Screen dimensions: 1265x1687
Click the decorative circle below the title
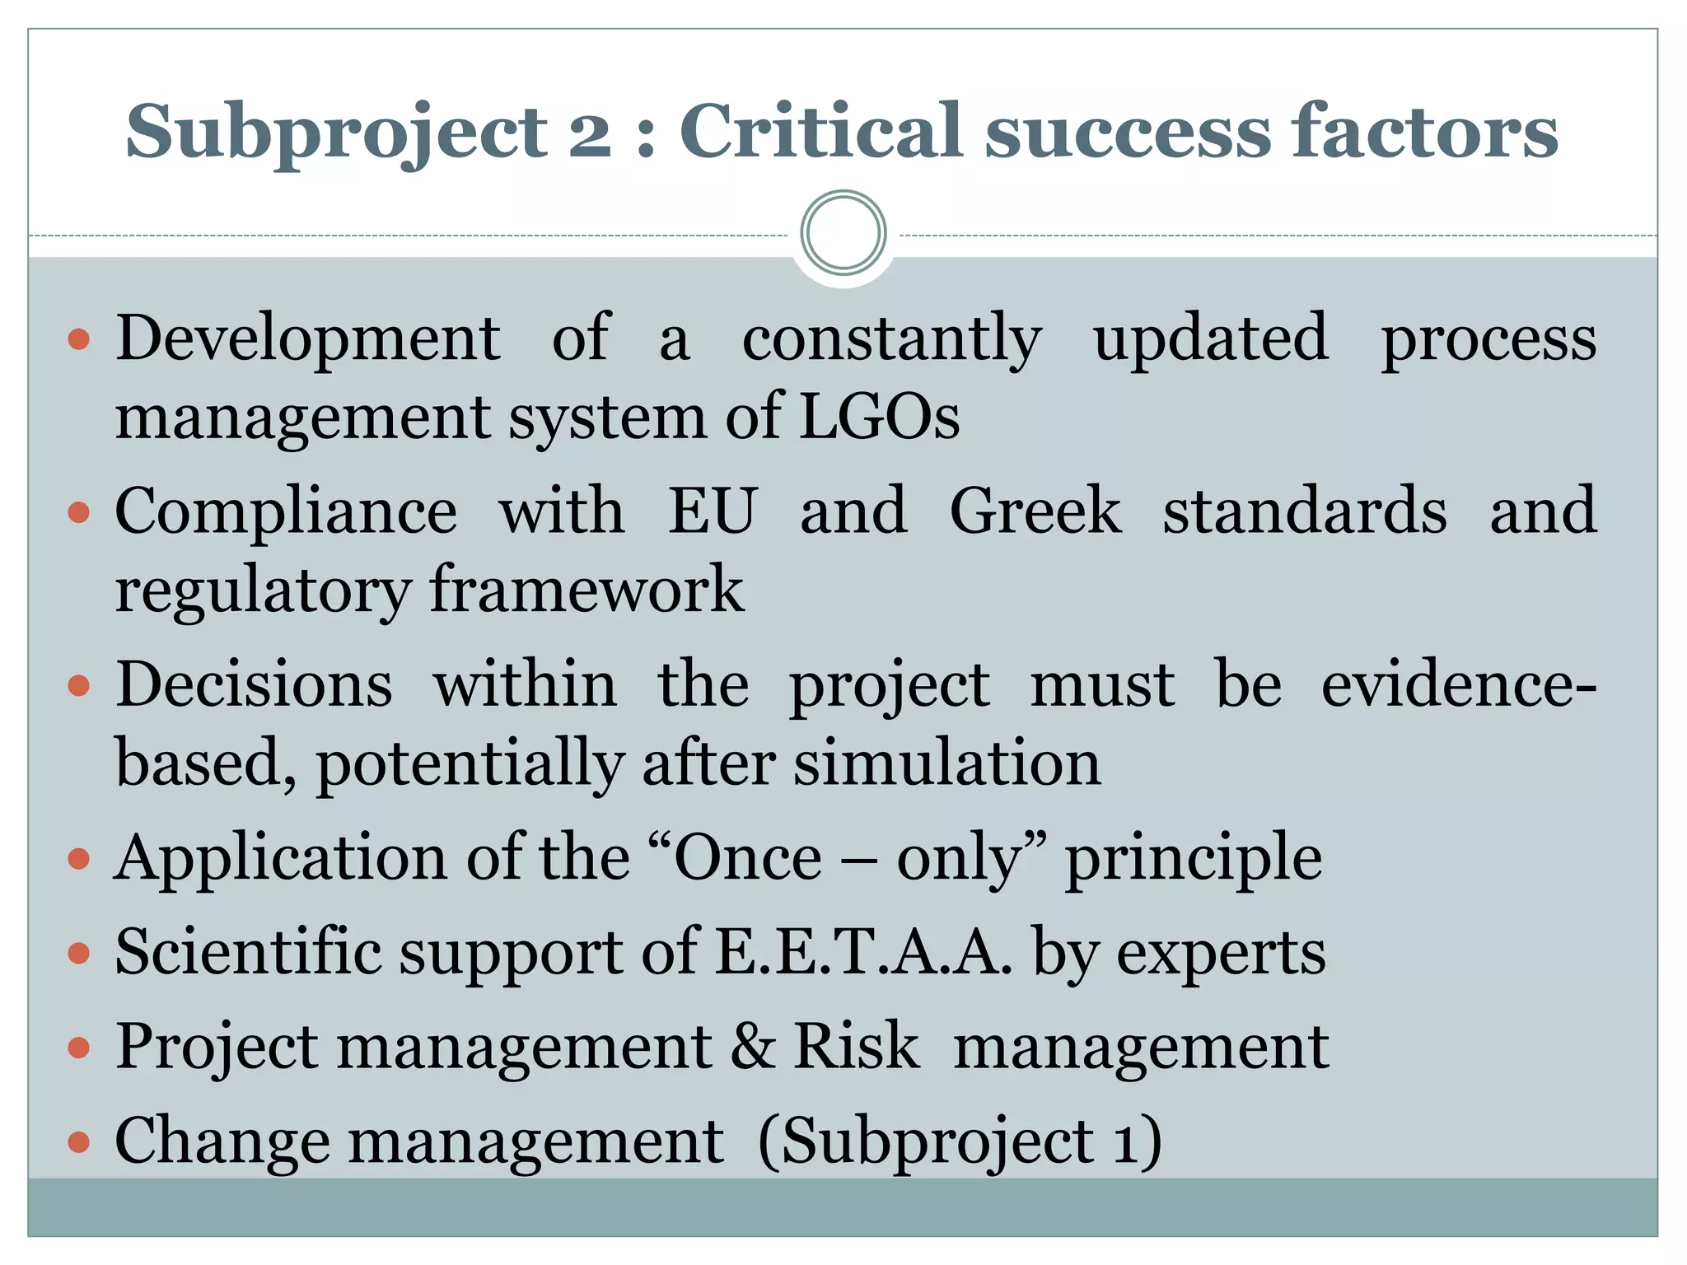point(843,233)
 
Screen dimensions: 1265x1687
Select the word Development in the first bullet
point(307,339)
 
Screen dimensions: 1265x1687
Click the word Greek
point(1035,512)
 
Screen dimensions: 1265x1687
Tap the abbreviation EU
point(712,512)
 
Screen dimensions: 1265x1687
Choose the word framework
point(586,590)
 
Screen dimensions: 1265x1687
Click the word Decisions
point(254,685)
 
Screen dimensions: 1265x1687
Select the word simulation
point(947,763)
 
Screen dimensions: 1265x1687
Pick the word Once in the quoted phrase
point(748,859)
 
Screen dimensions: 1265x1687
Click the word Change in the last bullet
point(222,1142)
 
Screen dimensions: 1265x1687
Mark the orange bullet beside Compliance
point(79,514)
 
